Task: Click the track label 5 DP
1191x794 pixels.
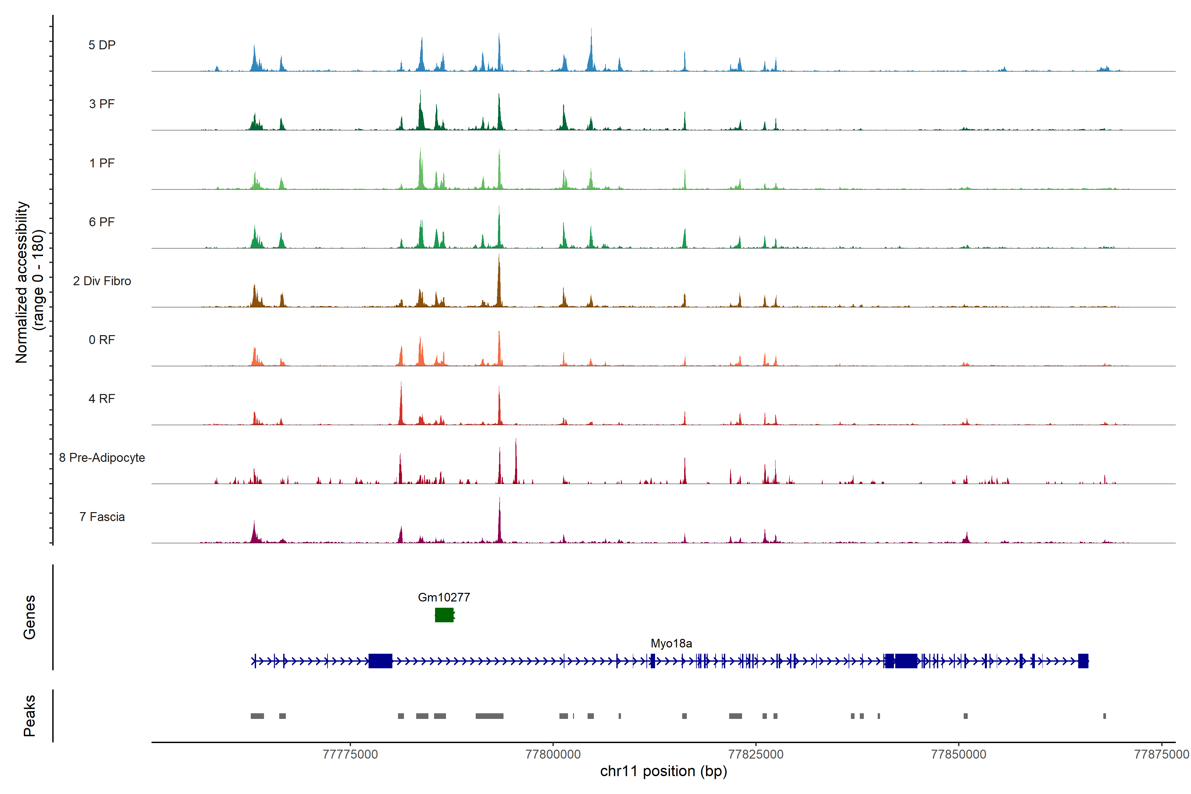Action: pyautogui.click(x=102, y=45)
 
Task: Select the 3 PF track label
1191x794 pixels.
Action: pyautogui.click(x=102, y=104)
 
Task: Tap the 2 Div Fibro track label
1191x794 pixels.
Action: pyautogui.click(x=102, y=281)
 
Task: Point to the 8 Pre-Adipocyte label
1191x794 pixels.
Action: pyautogui.click(x=102, y=458)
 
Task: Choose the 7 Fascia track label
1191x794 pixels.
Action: pyautogui.click(x=102, y=517)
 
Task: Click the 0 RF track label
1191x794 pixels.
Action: pyautogui.click(x=102, y=340)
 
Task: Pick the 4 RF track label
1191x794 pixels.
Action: pyautogui.click(x=102, y=399)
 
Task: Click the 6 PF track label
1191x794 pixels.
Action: pyautogui.click(x=102, y=222)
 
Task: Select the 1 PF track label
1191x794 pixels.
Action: pyautogui.click(x=102, y=163)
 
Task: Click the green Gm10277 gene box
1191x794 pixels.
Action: pyautogui.click(x=444, y=615)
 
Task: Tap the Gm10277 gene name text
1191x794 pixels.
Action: pyautogui.click(x=444, y=597)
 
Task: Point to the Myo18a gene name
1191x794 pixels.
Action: pyautogui.click(x=671, y=643)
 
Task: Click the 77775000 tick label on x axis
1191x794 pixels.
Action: pyautogui.click(x=350, y=755)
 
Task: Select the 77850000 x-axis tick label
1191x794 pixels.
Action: pyautogui.click(x=958, y=755)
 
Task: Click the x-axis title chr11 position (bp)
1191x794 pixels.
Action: pyautogui.click(x=663, y=772)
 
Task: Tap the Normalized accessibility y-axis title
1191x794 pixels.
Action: pyautogui.click(x=29, y=282)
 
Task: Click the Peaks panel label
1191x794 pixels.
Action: pyautogui.click(x=29, y=716)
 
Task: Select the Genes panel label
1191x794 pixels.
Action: pyautogui.click(x=29, y=617)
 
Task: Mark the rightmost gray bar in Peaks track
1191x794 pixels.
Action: pyautogui.click(x=1104, y=716)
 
